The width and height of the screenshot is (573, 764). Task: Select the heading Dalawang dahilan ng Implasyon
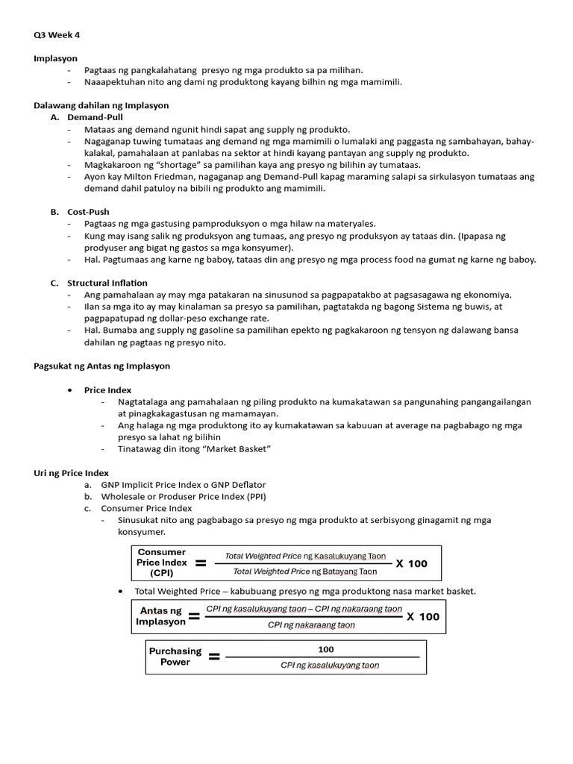coord(101,105)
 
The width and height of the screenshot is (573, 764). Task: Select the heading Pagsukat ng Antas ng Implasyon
coord(102,366)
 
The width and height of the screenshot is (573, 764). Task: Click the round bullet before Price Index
coord(69,389)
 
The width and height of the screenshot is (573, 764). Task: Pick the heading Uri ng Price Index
coord(72,472)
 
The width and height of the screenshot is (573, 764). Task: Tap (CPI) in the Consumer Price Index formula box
coord(161,573)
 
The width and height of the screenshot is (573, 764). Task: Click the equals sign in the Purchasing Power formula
coord(214,657)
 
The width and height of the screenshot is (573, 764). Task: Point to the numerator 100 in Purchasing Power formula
coord(326,649)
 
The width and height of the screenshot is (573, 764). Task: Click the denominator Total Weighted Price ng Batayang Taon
coord(305,572)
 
